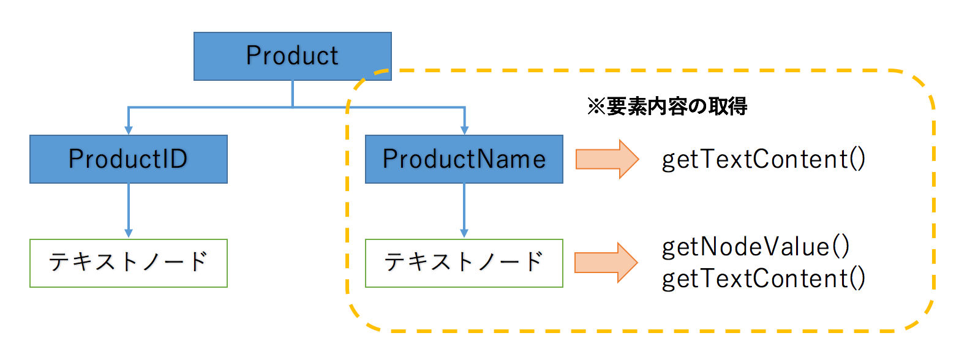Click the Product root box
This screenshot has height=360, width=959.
point(292,56)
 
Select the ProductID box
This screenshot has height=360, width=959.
point(128,159)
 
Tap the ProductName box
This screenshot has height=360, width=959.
point(464,159)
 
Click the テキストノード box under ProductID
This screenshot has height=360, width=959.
point(128,263)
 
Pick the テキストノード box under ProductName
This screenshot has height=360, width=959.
point(464,263)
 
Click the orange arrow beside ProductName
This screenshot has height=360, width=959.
point(606,159)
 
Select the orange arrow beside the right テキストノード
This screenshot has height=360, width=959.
point(606,263)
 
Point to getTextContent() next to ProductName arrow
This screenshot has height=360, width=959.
point(763,160)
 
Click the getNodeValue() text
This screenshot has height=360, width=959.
point(756,247)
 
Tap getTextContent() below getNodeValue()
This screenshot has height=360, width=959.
point(763,279)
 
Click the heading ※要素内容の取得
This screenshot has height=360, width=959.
point(667,107)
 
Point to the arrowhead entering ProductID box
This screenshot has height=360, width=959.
point(128,130)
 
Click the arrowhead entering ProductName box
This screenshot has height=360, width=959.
point(464,130)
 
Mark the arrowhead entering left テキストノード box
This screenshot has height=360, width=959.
point(128,233)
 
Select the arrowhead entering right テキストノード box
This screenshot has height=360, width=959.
point(464,233)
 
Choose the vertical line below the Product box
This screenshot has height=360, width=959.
point(292,93)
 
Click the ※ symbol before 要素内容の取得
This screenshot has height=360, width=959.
point(596,107)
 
